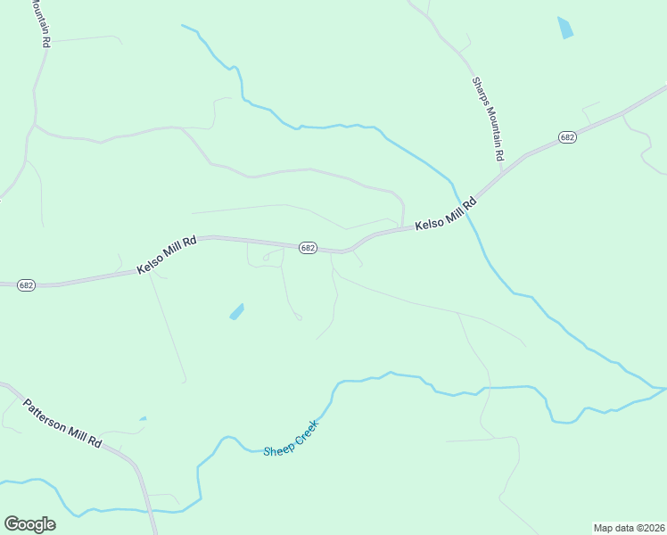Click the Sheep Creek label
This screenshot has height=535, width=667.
291,438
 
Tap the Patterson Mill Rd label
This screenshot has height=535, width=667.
62,423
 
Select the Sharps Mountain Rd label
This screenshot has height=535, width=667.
488,119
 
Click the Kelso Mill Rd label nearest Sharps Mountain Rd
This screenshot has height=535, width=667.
447,216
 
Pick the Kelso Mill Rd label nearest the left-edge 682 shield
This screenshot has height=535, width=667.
167,255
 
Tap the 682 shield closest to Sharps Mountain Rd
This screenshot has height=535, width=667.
568,136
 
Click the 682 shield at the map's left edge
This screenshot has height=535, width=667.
26,285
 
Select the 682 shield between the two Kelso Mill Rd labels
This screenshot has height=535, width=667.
308,248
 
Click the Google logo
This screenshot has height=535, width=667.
29,524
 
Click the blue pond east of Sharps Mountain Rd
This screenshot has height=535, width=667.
564,28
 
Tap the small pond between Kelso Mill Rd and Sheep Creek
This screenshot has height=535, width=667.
236,311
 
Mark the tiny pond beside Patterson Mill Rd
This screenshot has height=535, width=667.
143,418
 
